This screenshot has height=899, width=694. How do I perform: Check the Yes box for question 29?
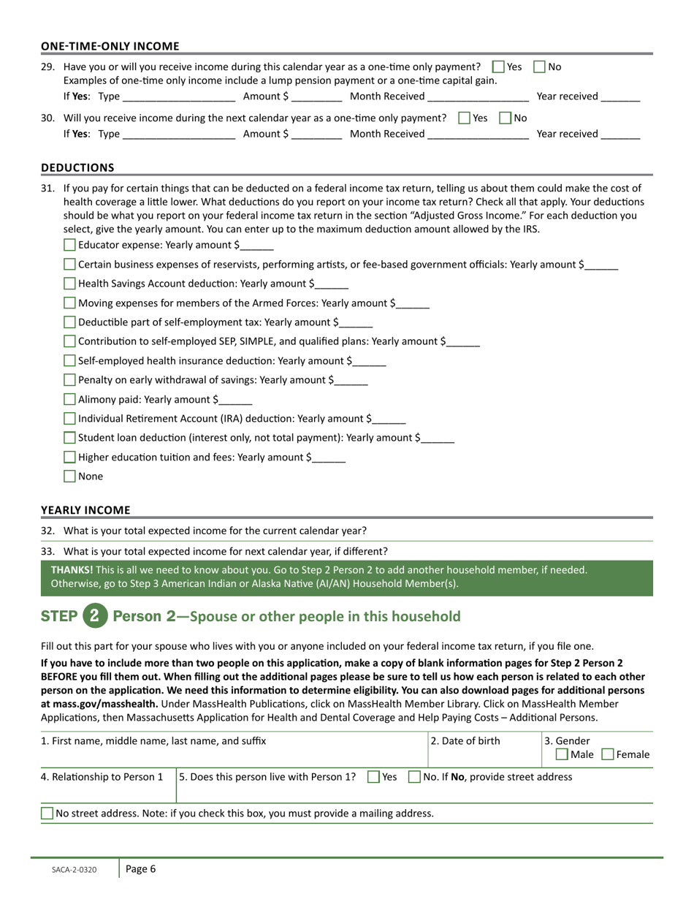pos(499,67)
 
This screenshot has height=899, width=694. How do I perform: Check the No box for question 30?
pos(506,118)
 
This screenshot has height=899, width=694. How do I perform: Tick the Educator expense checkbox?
pos(70,245)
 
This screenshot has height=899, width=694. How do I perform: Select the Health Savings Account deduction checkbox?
pos(70,284)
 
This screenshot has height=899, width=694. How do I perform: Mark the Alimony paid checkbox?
pos(70,399)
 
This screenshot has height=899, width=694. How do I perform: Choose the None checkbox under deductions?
pos(70,477)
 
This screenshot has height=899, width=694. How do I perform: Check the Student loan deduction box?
pos(70,438)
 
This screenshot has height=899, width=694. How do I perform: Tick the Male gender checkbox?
pos(562,754)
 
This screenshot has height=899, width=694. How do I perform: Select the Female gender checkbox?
pos(608,754)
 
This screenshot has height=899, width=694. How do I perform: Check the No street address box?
pos(47,813)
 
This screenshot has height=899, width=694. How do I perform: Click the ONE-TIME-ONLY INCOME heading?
pos(110,46)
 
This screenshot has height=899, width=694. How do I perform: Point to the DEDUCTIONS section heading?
pos(77,167)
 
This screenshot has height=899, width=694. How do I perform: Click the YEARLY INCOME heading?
pos(85,510)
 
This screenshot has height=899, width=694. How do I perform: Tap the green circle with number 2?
pos(94,615)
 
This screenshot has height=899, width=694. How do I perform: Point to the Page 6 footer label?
pos(140,869)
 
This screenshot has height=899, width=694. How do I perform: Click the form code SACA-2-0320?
pos(74,870)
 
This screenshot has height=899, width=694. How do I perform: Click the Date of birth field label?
pos(465,741)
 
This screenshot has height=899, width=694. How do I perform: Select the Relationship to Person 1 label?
pos(102,777)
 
